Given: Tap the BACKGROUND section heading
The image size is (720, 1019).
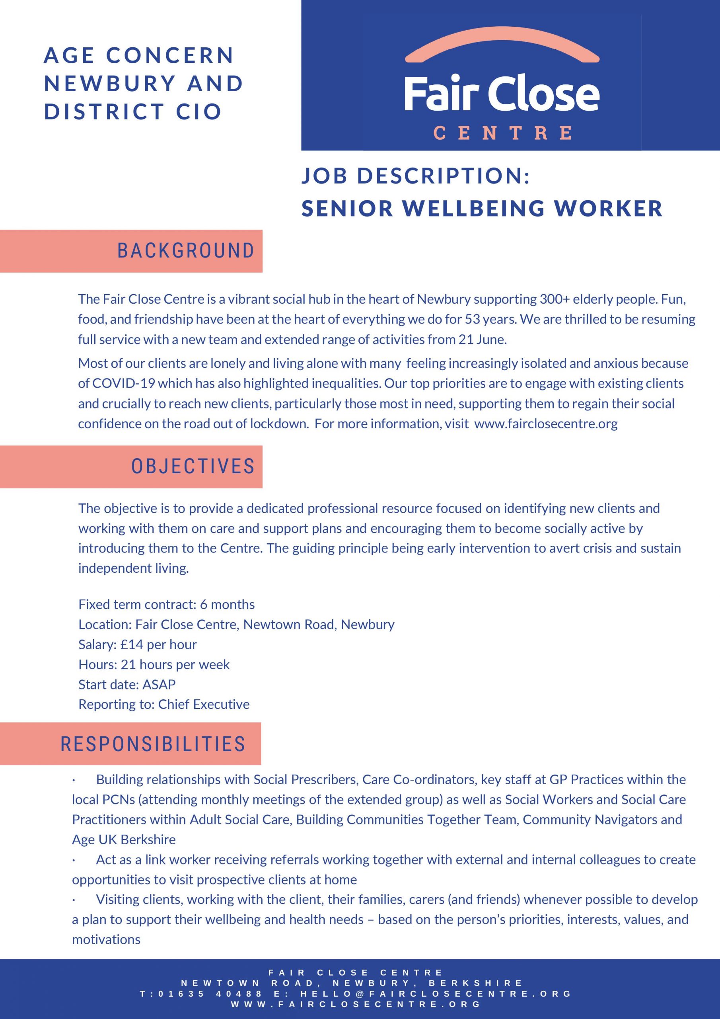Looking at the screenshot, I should [186, 251].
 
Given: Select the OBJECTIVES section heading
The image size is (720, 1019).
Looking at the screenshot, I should [193, 467].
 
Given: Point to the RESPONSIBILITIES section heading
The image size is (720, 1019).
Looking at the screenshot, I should [153, 744].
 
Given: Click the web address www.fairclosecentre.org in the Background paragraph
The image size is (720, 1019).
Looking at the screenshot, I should [546, 424].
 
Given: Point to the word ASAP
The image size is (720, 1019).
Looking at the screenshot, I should [159, 684].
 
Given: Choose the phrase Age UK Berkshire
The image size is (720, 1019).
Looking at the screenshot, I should [124, 840].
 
